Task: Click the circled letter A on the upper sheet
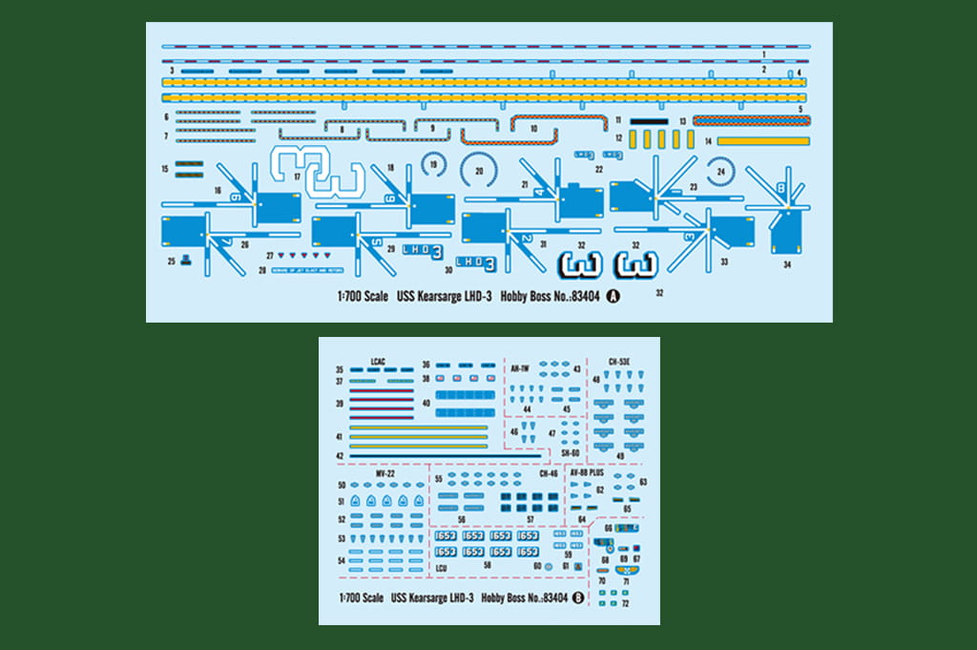tap(613, 296)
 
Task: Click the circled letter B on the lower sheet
tap(578, 598)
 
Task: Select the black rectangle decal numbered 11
tap(649, 121)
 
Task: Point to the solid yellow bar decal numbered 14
tap(763, 141)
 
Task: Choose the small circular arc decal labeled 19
tap(434, 166)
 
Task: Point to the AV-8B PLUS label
tap(587, 472)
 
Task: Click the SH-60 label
tap(571, 452)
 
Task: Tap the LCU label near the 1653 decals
tap(441, 569)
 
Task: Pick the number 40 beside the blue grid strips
tap(425, 403)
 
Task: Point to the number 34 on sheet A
tap(787, 264)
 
